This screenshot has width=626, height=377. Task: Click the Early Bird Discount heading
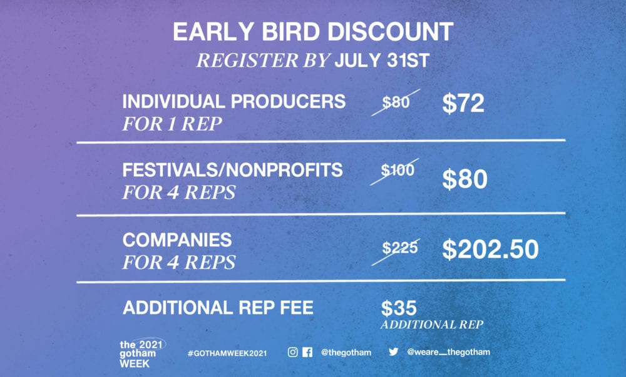pyautogui.click(x=313, y=31)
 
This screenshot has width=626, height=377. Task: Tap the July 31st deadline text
pyautogui.click(x=382, y=60)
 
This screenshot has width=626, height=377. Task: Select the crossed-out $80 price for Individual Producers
pyautogui.click(x=396, y=103)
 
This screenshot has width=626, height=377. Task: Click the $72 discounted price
pyautogui.click(x=463, y=103)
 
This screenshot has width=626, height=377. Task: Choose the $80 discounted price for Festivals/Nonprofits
pyautogui.click(x=464, y=179)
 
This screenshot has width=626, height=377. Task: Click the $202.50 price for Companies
pyautogui.click(x=490, y=249)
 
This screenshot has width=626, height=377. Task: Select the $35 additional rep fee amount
pyautogui.click(x=399, y=308)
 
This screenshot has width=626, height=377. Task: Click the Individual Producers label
pyautogui.click(x=234, y=101)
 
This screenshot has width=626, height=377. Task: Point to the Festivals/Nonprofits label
pyautogui.click(x=232, y=170)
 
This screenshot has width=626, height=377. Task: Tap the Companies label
pyautogui.click(x=177, y=240)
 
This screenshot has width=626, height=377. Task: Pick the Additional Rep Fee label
pyautogui.click(x=218, y=308)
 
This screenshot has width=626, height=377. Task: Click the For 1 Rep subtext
pyautogui.click(x=172, y=124)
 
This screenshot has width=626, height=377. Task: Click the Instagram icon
pyautogui.click(x=292, y=352)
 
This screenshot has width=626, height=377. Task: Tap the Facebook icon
pyautogui.click(x=307, y=352)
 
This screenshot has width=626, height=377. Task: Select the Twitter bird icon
pyautogui.click(x=394, y=351)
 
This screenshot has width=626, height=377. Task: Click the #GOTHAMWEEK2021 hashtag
pyautogui.click(x=227, y=353)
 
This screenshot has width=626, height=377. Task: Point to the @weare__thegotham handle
pyautogui.click(x=448, y=352)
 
